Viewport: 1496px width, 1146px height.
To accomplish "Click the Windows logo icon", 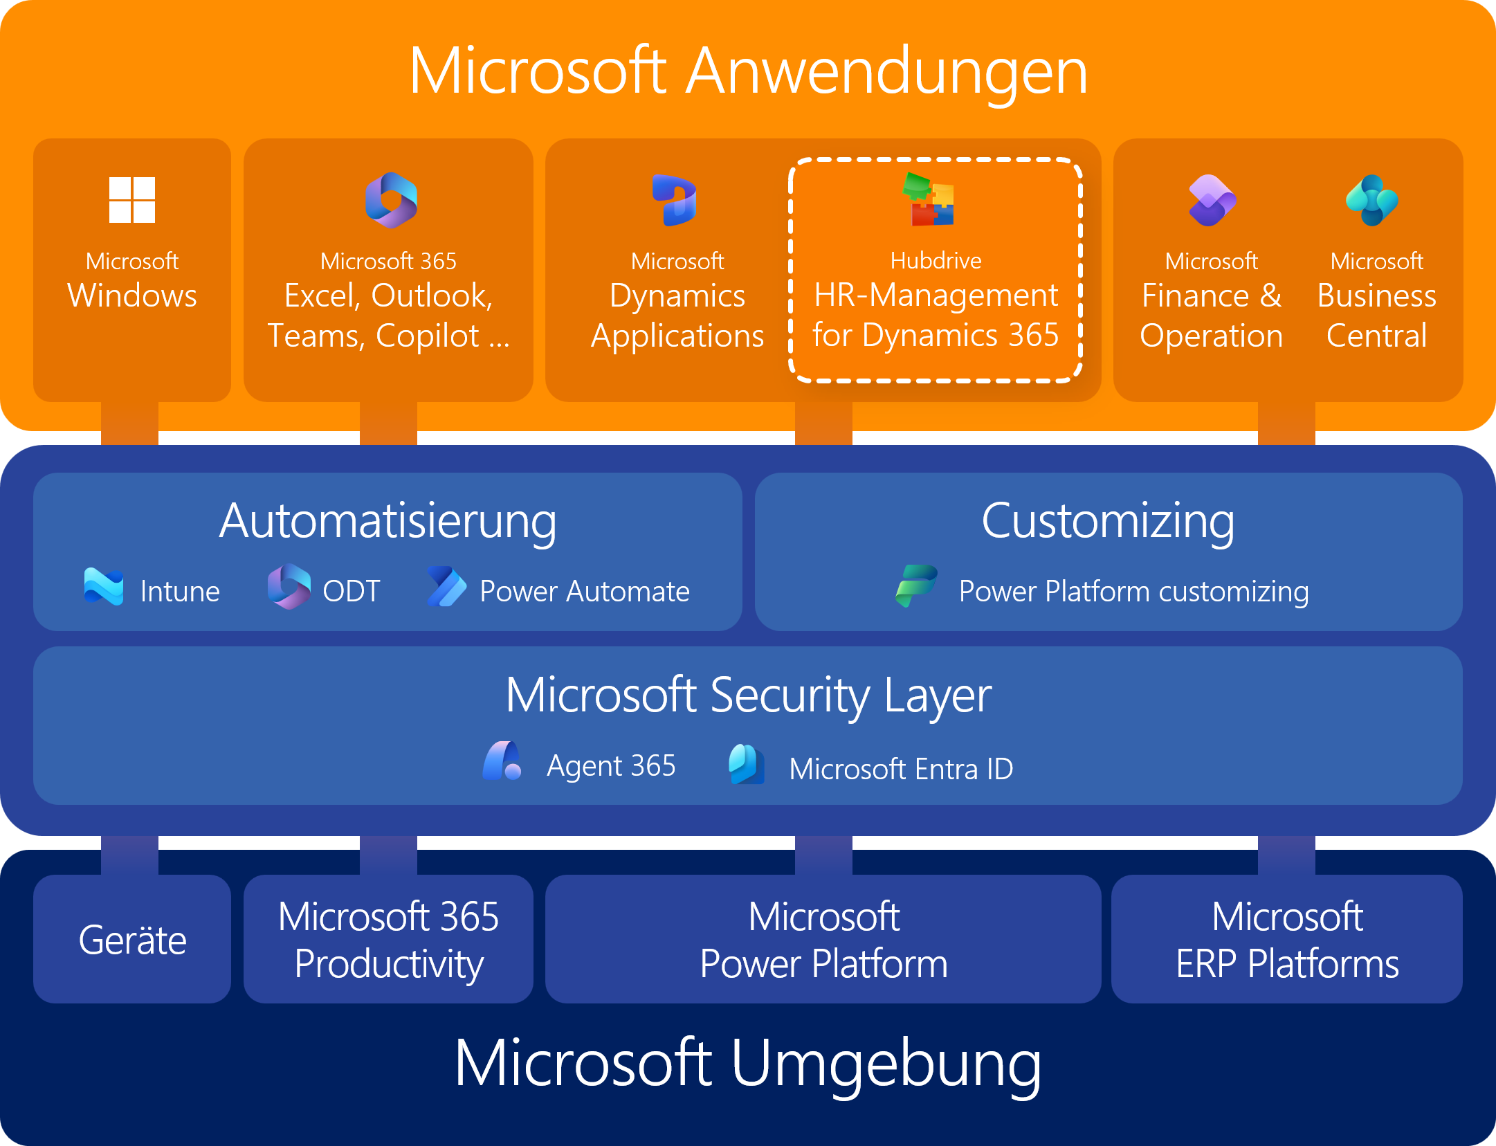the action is click(x=132, y=200).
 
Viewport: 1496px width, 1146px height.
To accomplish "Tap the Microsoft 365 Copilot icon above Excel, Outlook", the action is click(x=391, y=200).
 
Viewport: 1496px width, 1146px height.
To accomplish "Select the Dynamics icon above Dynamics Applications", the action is click(x=675, y=200).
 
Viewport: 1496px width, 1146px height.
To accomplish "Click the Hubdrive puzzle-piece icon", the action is click(x=929, y=199).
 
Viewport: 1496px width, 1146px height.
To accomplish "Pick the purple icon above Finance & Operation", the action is click(x=1212, y=200).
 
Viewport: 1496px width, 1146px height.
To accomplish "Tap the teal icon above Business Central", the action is click(x=1372, y=200).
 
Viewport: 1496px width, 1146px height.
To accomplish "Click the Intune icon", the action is click(x=104, y=587).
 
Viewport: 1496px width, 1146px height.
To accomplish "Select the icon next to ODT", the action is click(x=289, y=587).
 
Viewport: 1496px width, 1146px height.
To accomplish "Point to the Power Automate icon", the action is click(x=447, y=587).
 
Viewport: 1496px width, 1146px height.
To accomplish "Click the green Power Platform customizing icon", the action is click(x=916, y=586).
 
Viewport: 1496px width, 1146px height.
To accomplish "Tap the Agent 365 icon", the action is click(x=502, y=761).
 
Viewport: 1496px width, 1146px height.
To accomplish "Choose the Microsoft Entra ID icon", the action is click(x=747, y=764).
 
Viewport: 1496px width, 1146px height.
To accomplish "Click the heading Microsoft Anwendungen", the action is click(x=748, y=71).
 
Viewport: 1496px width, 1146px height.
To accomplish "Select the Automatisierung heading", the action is click(x=387, y=522).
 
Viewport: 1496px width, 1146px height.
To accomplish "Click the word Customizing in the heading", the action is click(x=1108, y=522).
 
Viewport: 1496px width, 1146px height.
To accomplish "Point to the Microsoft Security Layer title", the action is click(x=748, y=695).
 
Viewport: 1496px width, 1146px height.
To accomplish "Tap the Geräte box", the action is click(x=132, y=939).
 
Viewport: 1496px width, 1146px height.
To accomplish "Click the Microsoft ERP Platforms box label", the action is click(x=1287, y=940).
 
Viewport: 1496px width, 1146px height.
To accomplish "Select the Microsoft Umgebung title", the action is click(x=748, y=1064).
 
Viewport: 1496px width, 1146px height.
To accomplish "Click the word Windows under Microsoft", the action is click(x=132, y=296).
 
